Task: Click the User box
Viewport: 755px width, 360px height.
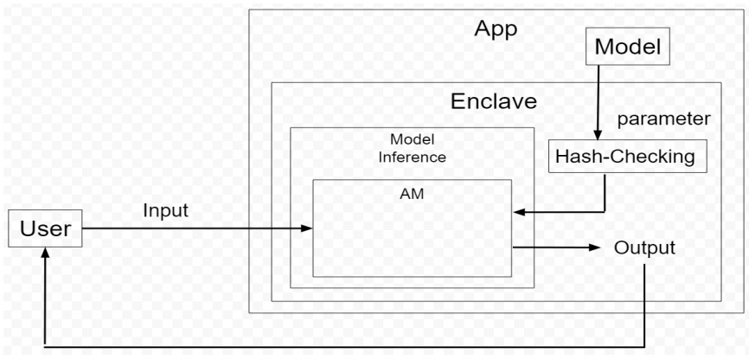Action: point(45,229)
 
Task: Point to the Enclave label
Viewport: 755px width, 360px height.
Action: point(493,101)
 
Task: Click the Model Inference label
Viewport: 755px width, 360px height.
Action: point(412,150)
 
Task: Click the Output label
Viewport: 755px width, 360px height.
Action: point(644,247)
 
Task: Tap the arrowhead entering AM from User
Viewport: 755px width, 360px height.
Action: point(306,229)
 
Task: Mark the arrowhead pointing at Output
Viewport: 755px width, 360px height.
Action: point(594,247)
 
